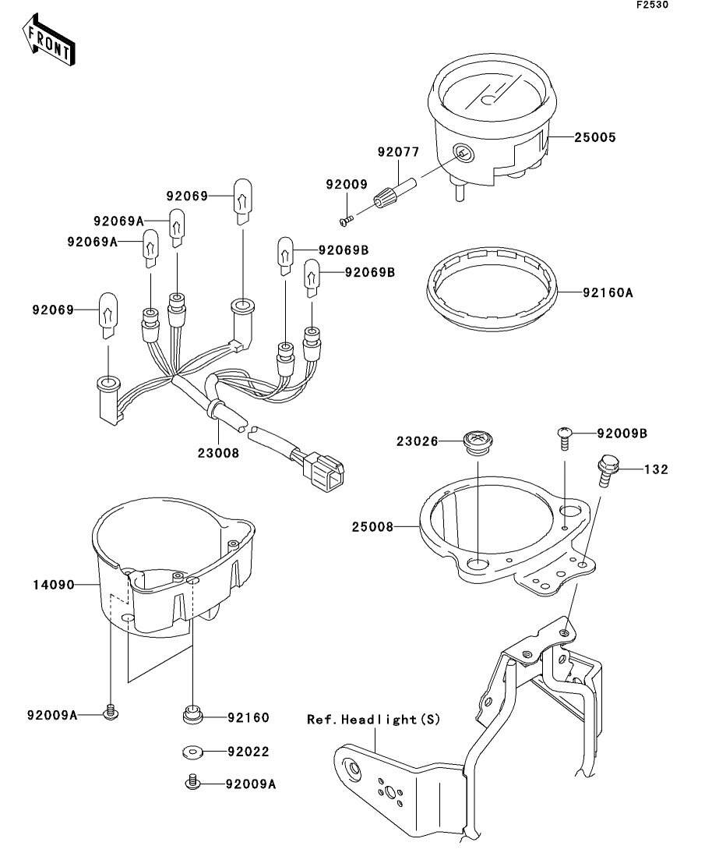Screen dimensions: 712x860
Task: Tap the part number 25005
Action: click(595, 137)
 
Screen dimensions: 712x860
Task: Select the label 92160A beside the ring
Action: click(608, 293)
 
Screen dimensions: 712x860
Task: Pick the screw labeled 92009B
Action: click(565, 437)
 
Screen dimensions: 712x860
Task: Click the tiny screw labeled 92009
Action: click(346, 221)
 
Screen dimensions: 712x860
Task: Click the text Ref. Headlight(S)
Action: click(373, 719)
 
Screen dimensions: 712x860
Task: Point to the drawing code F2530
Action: click(652, 5)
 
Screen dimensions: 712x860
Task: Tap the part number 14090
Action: click(53, 586)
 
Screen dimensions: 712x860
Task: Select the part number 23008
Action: click(218, 453)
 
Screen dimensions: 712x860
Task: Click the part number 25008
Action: click(372, 527)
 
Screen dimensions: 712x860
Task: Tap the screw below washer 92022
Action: click(192, 782)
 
